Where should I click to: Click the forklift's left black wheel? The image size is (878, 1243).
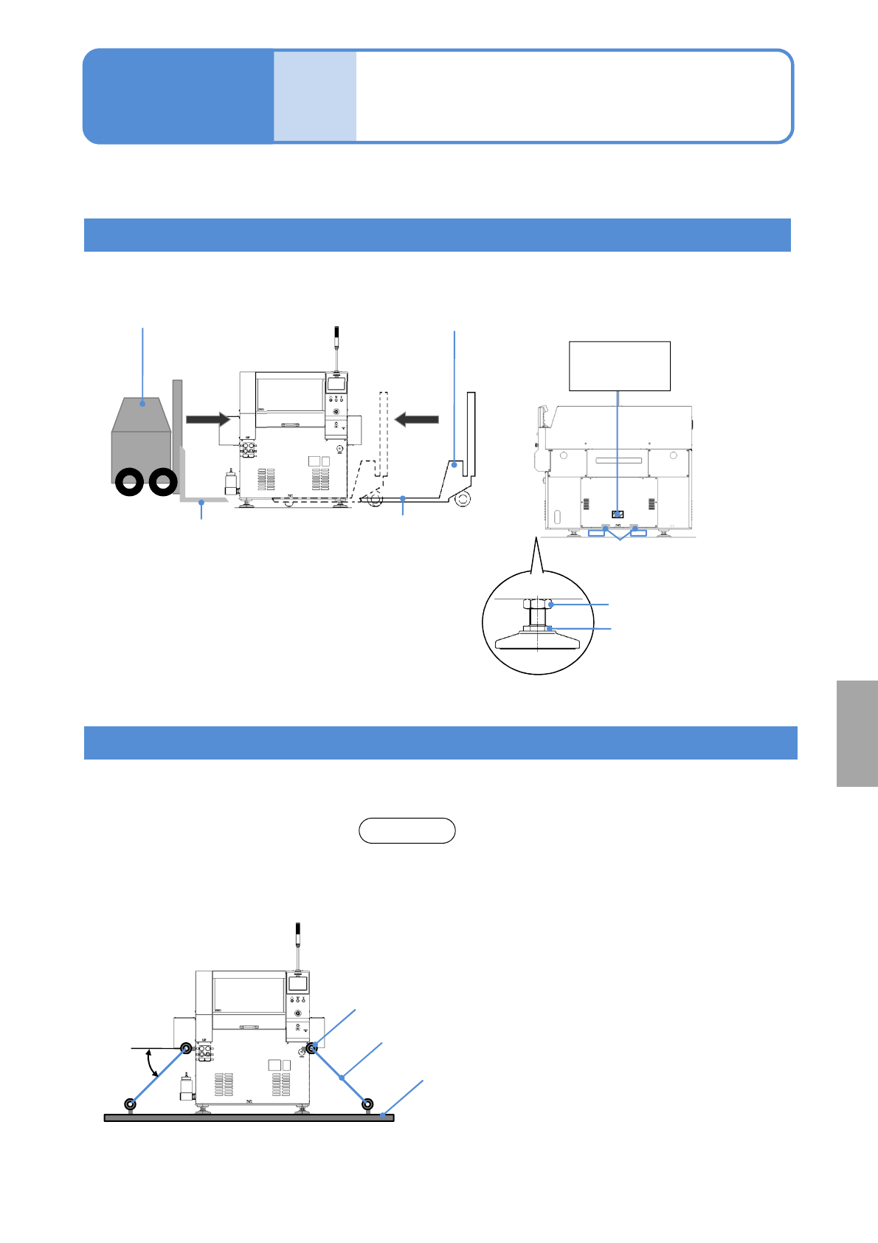point(129,483)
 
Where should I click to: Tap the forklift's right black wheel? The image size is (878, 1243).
point(162,483)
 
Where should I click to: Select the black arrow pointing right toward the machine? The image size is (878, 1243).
point(208,419)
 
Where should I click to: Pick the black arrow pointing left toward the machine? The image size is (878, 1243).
point(417,419)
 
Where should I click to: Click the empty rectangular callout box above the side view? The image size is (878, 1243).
point(620,365)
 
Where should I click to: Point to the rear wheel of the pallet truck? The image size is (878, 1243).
point(463,499)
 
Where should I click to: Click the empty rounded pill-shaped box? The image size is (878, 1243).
point(407,830)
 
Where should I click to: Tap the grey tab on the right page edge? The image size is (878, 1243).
point(857,734)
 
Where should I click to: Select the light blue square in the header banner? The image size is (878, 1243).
point(315,96)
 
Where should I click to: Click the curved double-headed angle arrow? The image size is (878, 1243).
point(152,1064)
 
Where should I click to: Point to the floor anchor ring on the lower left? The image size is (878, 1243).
point(131,1104)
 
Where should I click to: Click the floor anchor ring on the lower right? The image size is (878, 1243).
point(367,1104)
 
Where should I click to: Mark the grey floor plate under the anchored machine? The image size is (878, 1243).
point(249,1118)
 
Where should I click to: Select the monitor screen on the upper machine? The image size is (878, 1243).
point(336,384)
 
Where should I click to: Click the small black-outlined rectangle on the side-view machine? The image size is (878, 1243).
point(618,514)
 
